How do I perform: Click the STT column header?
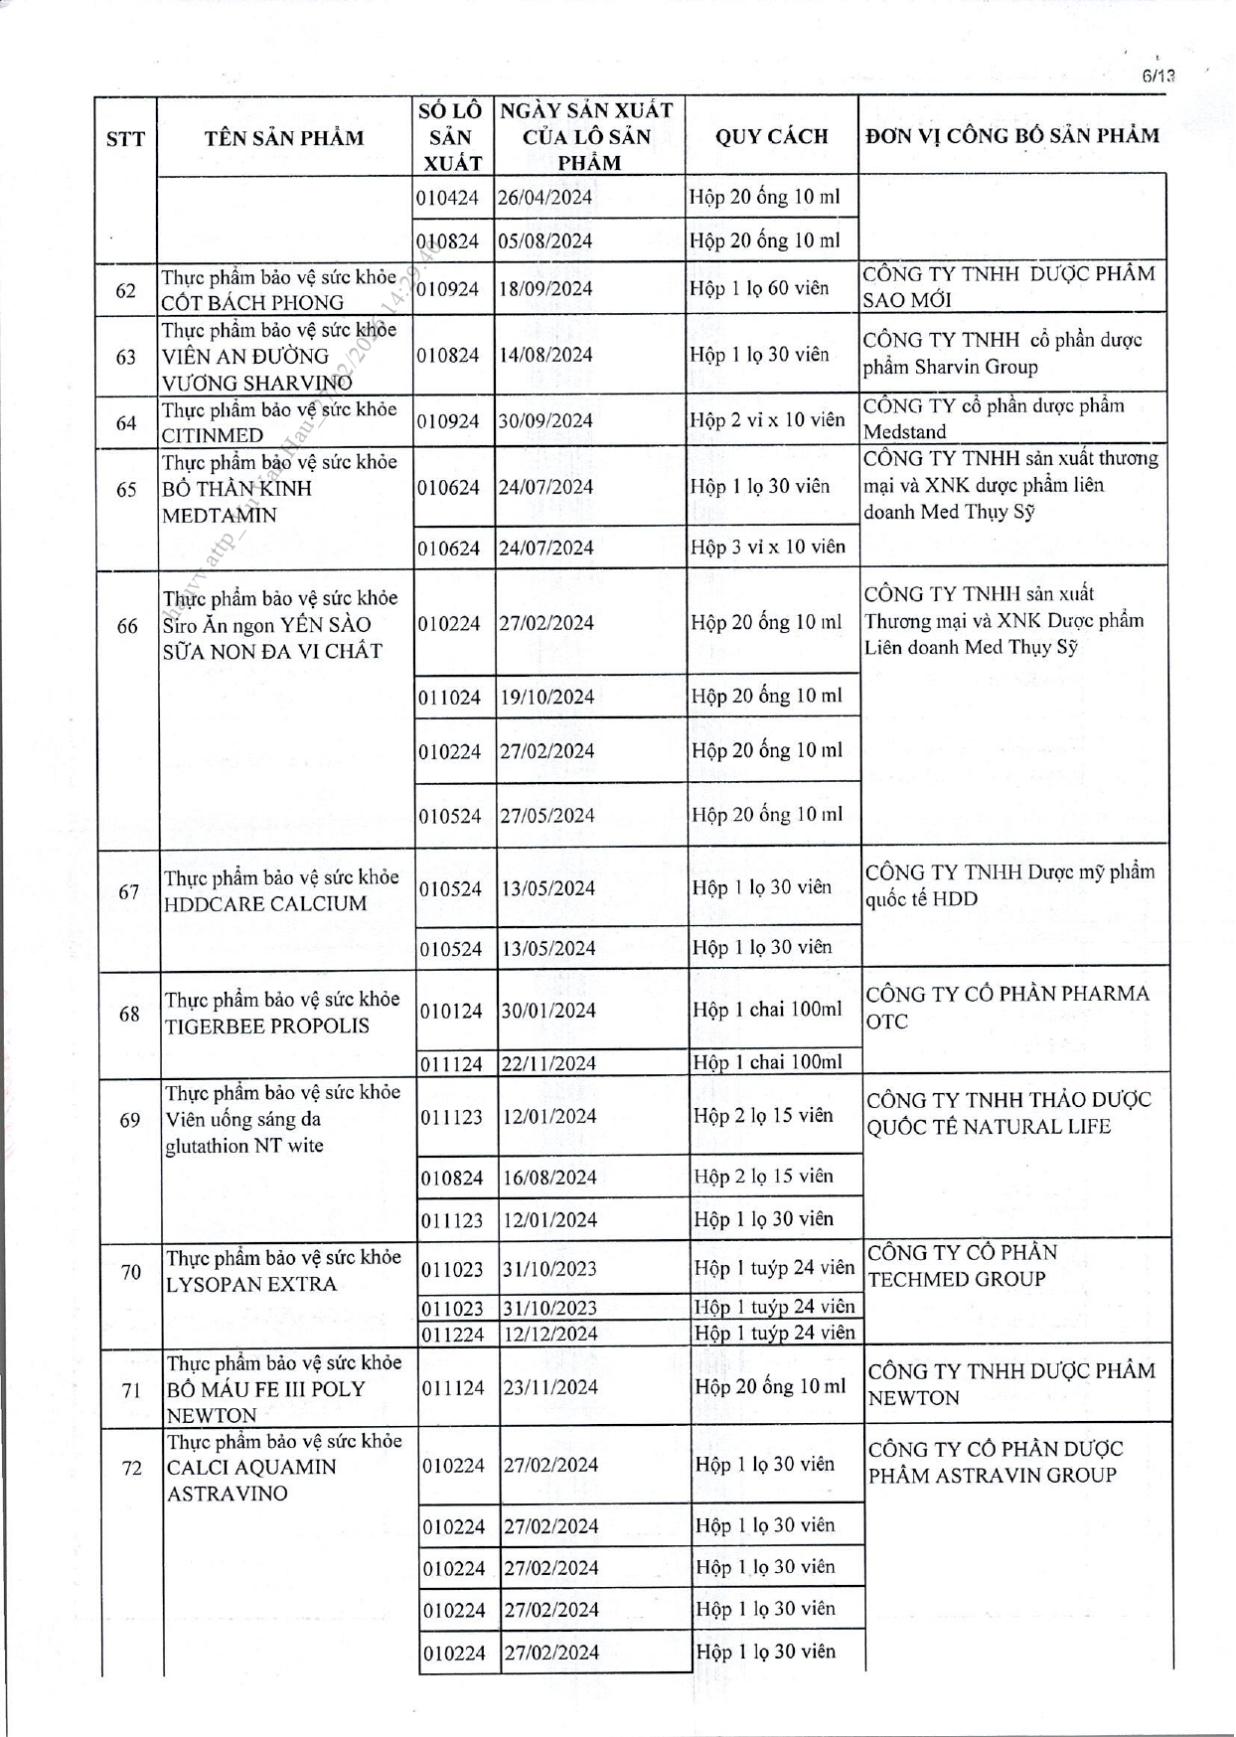[125, 138]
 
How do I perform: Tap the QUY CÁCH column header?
[771, 136]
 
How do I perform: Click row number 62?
[125, 290]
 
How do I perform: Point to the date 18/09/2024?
[544, 289]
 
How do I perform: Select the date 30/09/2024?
[544, 420]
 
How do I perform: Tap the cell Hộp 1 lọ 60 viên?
[759, 288]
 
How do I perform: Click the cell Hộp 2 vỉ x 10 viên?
[767, 419]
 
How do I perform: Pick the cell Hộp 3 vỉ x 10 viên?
[767, 547]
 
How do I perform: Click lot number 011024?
[449, 698]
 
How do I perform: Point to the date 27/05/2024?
[547, 816]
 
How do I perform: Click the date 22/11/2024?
[548, 1063]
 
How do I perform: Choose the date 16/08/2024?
[549, 1178]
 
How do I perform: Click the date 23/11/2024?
[550, 1387]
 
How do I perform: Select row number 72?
[132, 1468]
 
